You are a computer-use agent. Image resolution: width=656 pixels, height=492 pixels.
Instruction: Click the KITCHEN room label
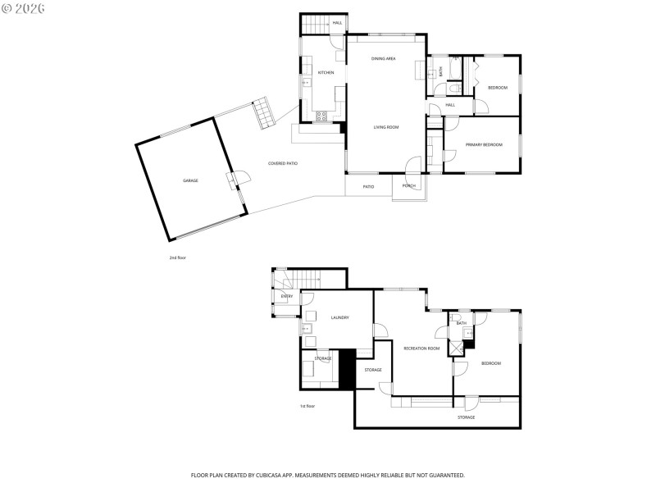[x=326, y=73]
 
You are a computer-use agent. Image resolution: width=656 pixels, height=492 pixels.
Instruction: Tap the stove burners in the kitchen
[x=322, y=116]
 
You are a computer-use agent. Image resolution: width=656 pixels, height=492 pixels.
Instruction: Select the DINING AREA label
[x=383, y=59]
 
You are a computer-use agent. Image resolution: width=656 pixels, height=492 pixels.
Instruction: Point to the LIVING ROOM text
[x=385, y=127]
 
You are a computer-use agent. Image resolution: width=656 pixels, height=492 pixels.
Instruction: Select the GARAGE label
[x=190, y=180]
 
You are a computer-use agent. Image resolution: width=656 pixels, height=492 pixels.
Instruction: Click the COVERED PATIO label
[x=283, y=164]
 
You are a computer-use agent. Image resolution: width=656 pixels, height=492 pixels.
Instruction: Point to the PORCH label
[x=408, y=186]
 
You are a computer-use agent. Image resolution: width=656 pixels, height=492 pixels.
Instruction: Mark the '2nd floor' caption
[x=178, y=257]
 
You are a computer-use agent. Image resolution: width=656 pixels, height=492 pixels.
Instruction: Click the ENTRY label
[x=287, y=296]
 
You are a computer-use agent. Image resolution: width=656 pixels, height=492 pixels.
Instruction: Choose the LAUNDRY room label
[x=340, y=318]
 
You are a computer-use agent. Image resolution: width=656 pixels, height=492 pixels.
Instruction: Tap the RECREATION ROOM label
[x=421, y=348]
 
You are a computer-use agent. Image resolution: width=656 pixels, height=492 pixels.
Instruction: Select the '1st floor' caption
[x=307, y=406]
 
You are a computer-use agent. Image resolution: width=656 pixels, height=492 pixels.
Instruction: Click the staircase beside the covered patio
[x=262, y=112]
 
